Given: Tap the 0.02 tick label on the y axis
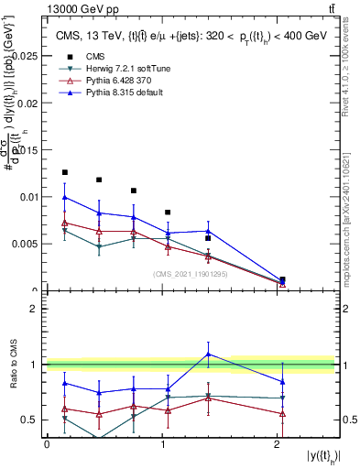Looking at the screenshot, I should coord(29,103).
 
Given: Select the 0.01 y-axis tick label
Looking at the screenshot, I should coord(29,196).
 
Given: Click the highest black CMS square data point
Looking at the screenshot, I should coord(64,172).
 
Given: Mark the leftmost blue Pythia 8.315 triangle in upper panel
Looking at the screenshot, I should coord(64,197).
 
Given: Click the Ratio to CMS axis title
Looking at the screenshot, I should coord(12,366).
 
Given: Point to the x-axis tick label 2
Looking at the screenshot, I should coord(277,444).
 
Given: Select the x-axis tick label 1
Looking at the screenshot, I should coord(162,444).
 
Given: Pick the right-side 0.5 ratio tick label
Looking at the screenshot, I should coord(349,420).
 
